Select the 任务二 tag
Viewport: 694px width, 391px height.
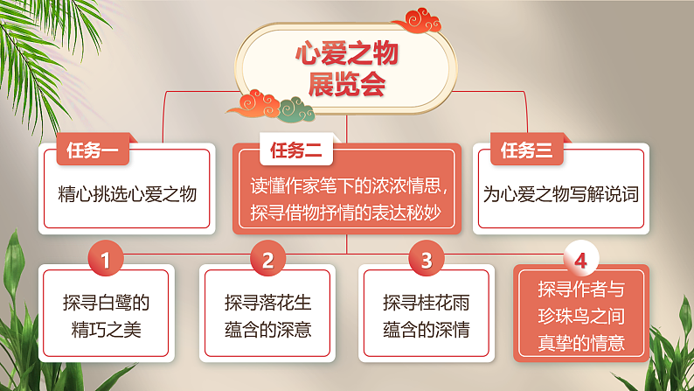coord(295,150)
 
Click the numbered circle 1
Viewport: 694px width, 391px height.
coord(106,260)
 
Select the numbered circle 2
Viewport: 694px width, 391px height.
coord(267,260)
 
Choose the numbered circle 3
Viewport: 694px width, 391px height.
coord(426,260)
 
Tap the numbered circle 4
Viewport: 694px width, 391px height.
coord(581,260)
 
